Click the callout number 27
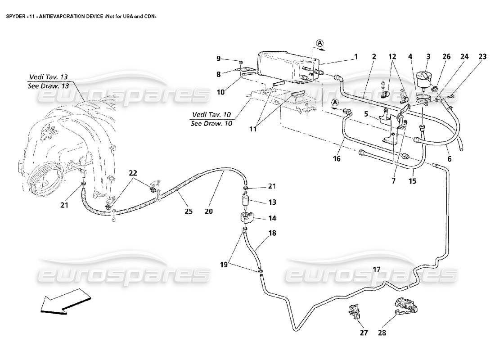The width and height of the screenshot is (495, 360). [364, 333]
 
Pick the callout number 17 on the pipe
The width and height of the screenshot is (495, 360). [377, 269]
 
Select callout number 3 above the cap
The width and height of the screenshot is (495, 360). [428, 57]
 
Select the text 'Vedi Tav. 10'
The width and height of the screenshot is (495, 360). [211, 114]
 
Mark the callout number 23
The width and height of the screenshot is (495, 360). [482, 57]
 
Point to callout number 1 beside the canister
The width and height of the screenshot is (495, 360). [355, 57]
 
